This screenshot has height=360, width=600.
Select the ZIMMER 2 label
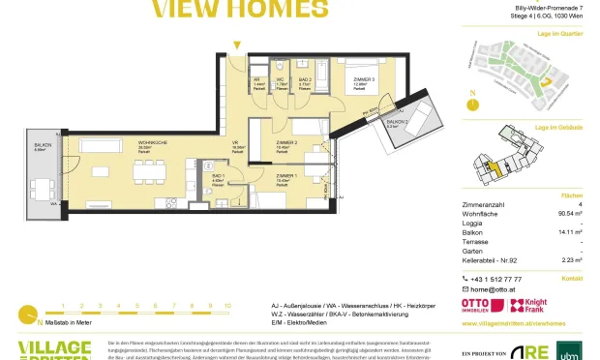click(x=285, y=142)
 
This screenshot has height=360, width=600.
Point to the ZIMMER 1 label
click(x=284, y=175)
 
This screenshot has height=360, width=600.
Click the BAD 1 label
click(x=218, y=175)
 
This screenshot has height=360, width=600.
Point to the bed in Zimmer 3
click(x=360, y=66)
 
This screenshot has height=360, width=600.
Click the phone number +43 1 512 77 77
click(x=498, y=279)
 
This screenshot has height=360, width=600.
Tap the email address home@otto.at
click(x=492, y=288)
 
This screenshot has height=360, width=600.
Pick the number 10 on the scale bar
click(x=227, y=305)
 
